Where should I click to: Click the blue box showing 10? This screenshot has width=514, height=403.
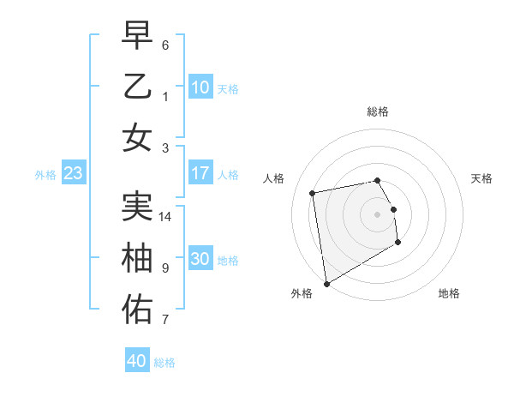200,87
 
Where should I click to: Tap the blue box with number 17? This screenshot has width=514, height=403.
200,173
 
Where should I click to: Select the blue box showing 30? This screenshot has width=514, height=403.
200,260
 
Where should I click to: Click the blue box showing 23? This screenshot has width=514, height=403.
73,174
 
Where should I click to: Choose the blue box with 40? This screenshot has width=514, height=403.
136,361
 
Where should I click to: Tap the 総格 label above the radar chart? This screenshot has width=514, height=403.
378,111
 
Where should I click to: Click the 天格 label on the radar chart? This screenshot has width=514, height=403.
482,178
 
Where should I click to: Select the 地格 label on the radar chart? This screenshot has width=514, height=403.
449,293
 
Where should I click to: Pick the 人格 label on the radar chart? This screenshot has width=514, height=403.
273,178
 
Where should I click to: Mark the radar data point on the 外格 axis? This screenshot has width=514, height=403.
326,283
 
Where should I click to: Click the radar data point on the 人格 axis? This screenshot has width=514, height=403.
313,193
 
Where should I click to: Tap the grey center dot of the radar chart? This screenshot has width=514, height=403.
378,214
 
